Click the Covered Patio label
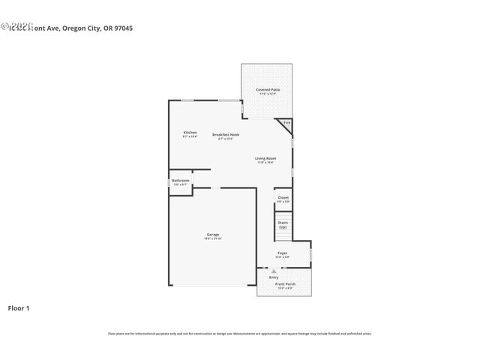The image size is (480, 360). pyautogui.click(x=266, y=89)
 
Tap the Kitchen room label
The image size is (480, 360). pyautogui.click(x=190, y=133)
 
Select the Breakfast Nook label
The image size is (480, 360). pyautogui.click(x=225, y=134)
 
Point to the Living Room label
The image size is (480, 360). pyautogui.click(x=265, y=158)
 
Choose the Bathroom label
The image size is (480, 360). pyautogui.click(x=180, y=180)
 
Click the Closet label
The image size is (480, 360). pyautogui.click(x=283, y=197)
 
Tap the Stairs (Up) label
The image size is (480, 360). pyautogui.click(x=283, y=223)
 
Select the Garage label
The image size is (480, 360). pyautogui.click(x=213, y=235)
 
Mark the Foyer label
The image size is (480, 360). pyautogui.click(x=283, y=253)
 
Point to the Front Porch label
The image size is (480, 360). pyautogui.click(x=285, y=284)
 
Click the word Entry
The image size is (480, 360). pyautogui.click(x=274, y=277)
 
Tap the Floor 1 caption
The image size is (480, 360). pyautogui.click(x=19, y=307)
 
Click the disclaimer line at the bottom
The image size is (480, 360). pyautogui.click(x=240, y=334)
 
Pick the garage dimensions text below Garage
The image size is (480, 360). pyautogui.click(x=213, y=238)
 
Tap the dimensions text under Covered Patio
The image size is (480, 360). pyautogui.click(x=266, y=94)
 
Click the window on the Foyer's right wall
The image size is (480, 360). pyautogui.click(x=310, y=254)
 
